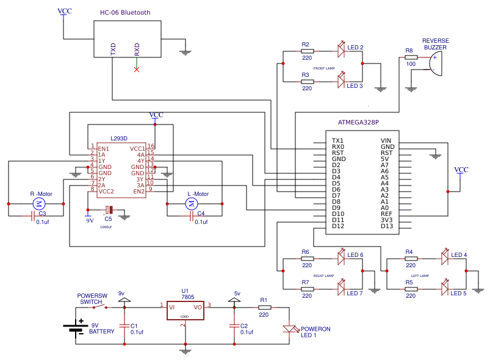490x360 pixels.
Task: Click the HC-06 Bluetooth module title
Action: [x=125, y=13]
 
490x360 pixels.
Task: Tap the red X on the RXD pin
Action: [x=137, y=69]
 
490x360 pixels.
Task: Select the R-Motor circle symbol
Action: [x=40, y=203]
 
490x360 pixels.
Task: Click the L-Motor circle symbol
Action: [x=192, y=203]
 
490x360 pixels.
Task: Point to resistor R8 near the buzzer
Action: [x=411, y=57]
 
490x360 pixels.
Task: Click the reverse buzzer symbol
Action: [x=434, y=63]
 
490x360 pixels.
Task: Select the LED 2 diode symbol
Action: [x=341, y=51]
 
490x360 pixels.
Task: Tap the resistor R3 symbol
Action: [x=307, y=81]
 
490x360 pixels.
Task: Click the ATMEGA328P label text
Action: [x=358, y=121]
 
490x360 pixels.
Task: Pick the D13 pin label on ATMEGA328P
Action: [x=387, y=226]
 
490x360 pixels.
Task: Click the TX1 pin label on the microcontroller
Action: [x=337, y=140]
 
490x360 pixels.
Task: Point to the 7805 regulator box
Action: [x=184, y=310]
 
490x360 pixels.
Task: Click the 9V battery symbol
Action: [x=75, y=328]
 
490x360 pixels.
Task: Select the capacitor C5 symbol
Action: [x=109, y=210]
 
